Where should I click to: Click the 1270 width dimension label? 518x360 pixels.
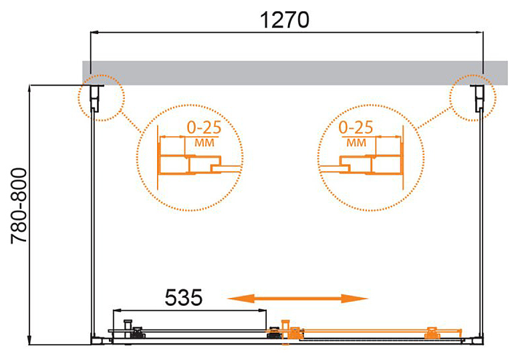tap(285, 20)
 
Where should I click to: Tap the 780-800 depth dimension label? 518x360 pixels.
tap(19, 206)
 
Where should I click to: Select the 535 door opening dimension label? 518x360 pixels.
tap(183, 297)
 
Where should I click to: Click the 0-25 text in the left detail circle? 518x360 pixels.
tap(204, 128)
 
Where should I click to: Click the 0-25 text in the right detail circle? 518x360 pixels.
tap(356, 128)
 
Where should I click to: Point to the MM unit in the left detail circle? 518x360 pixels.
tap(205, 143)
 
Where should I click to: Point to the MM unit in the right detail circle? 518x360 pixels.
tap(356, 143)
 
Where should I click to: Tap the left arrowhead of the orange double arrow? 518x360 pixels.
tap(241, 299)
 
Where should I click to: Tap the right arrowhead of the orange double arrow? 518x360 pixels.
tap(355, 299)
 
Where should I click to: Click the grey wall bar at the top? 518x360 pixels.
tap(295, 73)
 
